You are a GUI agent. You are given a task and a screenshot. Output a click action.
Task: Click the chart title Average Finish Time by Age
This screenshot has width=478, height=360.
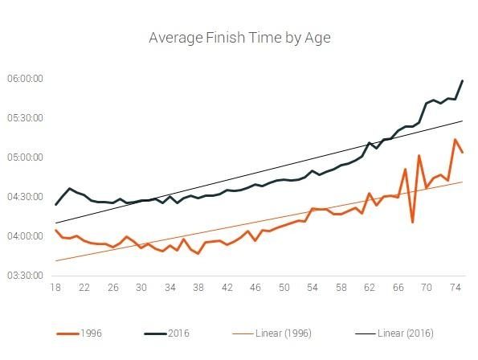point(239,38)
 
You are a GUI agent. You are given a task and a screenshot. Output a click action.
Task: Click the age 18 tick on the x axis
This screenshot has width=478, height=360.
point(55,288)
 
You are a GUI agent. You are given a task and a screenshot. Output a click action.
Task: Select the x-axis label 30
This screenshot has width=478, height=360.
point(141,288)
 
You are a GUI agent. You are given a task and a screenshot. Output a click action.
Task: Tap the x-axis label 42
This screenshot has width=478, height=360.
point(227,288)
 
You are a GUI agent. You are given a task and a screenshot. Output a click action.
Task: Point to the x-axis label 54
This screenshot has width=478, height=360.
point(313,288)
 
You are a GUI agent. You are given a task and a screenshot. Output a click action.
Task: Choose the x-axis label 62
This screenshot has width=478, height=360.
point(370,288)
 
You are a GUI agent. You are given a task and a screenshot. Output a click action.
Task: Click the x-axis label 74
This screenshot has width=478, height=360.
point(455,288)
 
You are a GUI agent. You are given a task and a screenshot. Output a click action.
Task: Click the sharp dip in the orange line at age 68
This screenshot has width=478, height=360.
point(412,222)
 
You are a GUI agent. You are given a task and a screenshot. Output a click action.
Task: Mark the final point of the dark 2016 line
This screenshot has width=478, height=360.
point(462,80)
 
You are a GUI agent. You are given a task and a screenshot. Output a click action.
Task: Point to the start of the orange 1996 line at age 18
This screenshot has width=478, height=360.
point(55,231)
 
